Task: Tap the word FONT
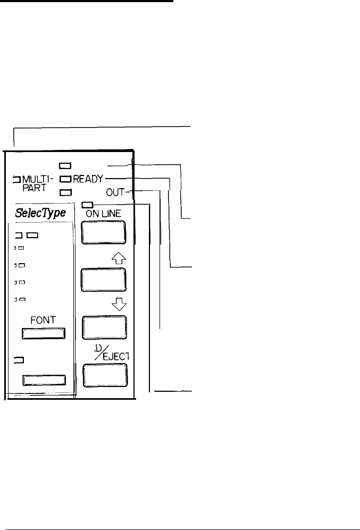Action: [43, 321]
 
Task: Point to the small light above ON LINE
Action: [88, 203]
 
